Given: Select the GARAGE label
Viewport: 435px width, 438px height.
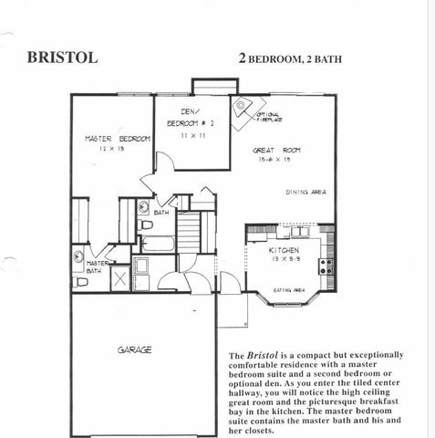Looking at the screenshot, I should [x=133, y=349].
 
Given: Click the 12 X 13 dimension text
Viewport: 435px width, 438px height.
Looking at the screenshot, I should [x=111, y=148].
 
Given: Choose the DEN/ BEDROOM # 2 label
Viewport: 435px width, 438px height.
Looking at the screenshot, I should [x=191, y=117].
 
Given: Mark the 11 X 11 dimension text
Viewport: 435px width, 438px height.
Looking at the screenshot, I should [x=191, y=134].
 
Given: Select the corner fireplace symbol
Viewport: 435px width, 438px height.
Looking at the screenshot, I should [x=241, y=105].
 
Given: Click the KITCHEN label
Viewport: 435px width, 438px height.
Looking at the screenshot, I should [x=284, y=250].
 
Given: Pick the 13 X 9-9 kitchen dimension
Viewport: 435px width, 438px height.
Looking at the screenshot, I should [x=284, y=260].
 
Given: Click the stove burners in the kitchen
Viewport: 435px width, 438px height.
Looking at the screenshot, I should [x=326, y=266].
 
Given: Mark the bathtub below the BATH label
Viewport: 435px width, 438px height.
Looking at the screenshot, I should [x=159, y=244].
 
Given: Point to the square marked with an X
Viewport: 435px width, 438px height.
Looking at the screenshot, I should [x=119, y=279].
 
